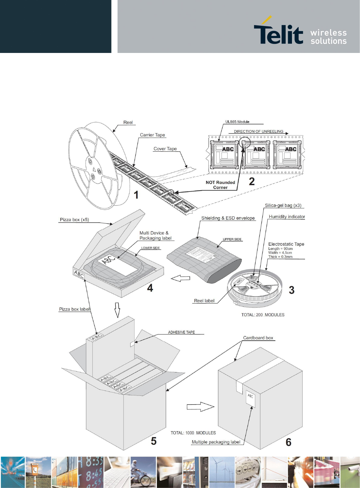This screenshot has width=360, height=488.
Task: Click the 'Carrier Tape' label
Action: tap(152, 135)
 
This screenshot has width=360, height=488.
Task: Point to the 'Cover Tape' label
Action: tap(165, 149)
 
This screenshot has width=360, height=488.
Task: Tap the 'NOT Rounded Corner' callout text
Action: tap(220, 185)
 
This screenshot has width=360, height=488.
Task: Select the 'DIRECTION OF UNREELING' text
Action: tap(258, 132)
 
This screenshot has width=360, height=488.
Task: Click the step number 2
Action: tap(252, 182)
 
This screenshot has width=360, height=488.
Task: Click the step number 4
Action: tap(150, 288)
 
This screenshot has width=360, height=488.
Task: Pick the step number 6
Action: tap(289, 442)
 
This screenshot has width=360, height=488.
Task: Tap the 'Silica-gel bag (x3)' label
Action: tap(283, 205)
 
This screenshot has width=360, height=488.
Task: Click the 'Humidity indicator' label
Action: tap(287, 217)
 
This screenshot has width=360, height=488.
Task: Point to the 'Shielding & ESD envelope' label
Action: tap(228, 218)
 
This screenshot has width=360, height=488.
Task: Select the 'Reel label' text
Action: tap(204, 301)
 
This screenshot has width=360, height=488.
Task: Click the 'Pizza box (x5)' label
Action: tap(74, 220)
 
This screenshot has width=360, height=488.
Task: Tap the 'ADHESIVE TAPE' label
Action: tap(181, 332)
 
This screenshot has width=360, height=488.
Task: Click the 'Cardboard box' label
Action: tap(258, 338)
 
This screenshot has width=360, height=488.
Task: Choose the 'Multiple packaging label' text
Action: tap(216, 442)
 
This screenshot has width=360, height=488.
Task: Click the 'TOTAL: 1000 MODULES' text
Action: tap(193, 433)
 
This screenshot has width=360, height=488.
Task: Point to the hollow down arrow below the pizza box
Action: tap(117, 310)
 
